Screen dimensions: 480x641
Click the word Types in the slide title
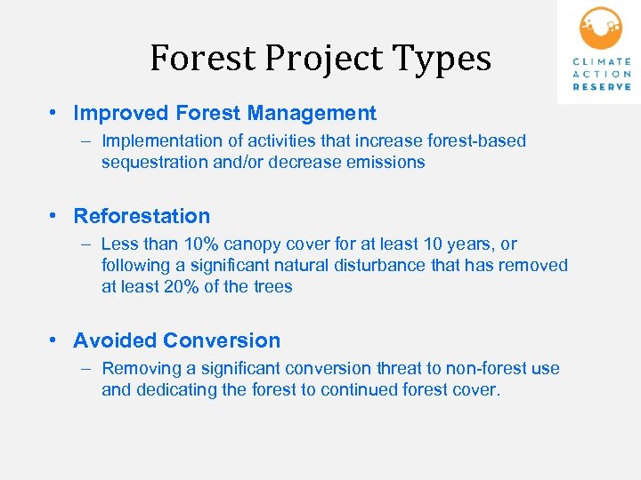(449, 59)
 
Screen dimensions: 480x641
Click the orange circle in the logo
(601, 28)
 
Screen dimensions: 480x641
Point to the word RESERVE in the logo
(603, 87)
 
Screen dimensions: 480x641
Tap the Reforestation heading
(142, 216)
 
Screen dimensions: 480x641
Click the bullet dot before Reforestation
(55, 217)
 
